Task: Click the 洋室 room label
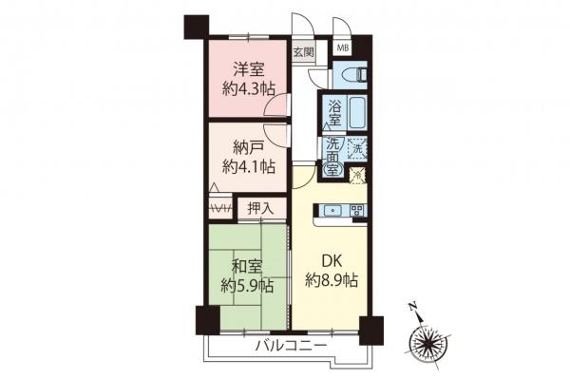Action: coord(244,68)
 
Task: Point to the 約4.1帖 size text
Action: coord(248,167)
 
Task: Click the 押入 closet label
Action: coord(259,207)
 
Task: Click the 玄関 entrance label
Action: coord(303,52)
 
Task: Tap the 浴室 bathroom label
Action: coord(334,117)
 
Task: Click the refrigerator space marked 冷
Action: coord(356,176)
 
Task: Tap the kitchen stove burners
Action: coord(357,210)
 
